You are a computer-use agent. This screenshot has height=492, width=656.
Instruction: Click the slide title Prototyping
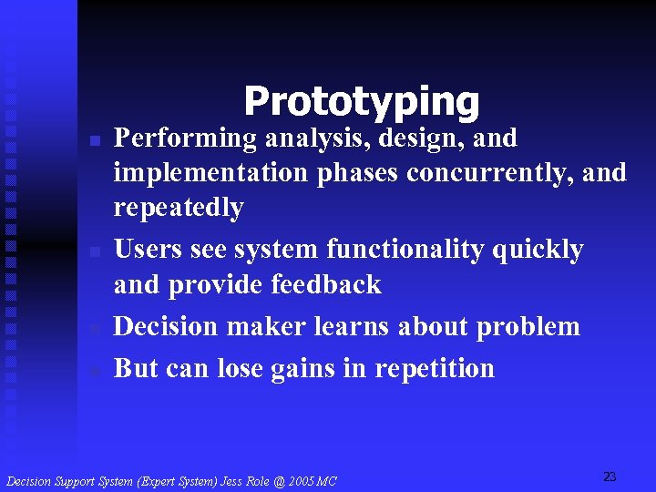(361, 102)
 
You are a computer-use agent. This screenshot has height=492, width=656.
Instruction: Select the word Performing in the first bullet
(186, 138)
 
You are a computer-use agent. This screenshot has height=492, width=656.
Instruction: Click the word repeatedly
(179, 209)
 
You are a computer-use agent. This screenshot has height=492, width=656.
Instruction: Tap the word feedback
(326, 285)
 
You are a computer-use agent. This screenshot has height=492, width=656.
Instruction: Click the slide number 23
(610, 477)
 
